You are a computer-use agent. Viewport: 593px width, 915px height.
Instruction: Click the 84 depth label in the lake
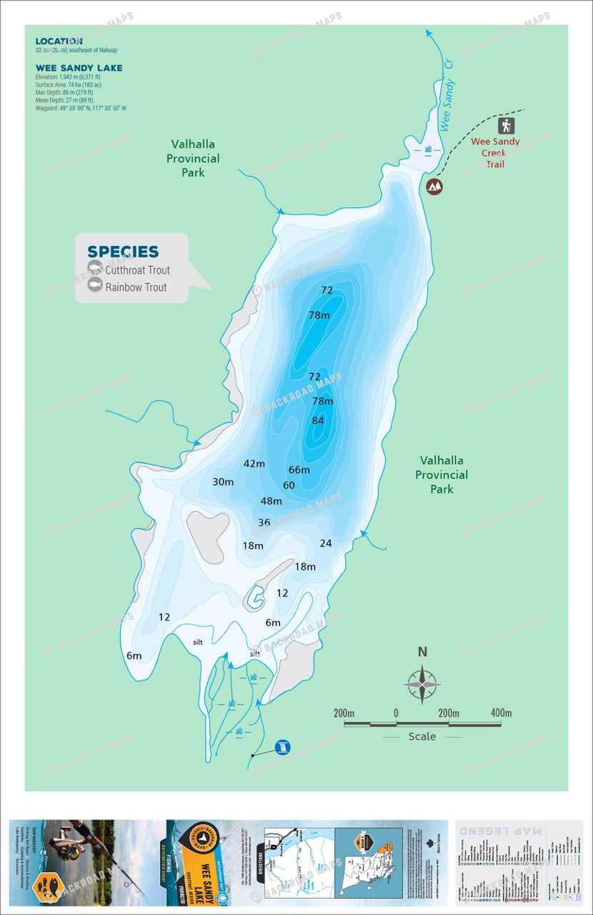click(x=318, y=420)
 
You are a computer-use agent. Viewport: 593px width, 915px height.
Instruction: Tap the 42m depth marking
click(x=254, y=463)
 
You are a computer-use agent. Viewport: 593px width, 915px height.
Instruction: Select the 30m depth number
click(x=223, y=482)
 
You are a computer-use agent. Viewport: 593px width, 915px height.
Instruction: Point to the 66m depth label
click(x=299, y=470)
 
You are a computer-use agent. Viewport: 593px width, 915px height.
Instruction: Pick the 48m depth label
click(x=271, y=500)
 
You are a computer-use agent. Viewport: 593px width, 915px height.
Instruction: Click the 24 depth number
click(x=326, y=543)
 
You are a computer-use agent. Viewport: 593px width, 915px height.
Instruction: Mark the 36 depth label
click(x=264, y=523)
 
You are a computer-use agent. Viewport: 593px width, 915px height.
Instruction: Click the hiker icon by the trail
click(x=507, y=126)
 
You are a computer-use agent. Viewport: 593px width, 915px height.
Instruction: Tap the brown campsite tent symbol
click(x=434, y=187)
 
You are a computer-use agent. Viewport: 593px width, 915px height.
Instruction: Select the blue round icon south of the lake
click(x=283, y=748)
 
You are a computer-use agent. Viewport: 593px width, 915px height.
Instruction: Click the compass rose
click(x=422, y=684)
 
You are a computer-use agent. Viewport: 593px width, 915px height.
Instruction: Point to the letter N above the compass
click(x=422, y=651)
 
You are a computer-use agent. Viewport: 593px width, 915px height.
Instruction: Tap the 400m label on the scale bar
click(x=501, y=713)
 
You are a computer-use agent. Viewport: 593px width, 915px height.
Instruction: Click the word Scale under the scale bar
click(x=422, y=736)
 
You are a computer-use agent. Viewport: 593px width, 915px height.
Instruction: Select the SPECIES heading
click(x=123, y=252)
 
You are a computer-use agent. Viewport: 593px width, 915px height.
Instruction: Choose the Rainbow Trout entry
click(x=136, y=287)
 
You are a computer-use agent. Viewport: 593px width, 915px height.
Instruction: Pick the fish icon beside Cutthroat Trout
click(x=94, y=269)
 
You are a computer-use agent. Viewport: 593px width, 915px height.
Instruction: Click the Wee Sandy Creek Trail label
click(x=495, y=153)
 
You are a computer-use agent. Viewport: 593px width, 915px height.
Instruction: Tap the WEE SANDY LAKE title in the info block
click(x=79, y=68)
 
